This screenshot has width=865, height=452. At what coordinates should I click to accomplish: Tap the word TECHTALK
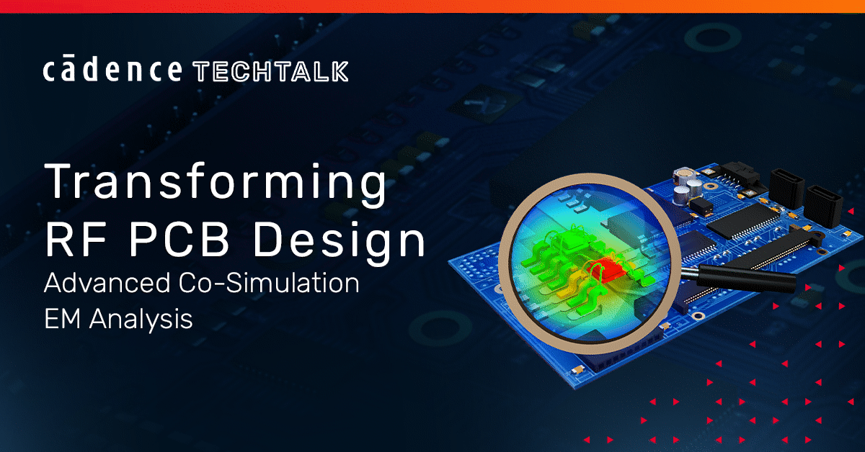271,71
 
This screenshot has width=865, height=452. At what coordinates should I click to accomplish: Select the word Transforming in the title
216,182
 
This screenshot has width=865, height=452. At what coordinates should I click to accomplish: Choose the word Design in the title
339,243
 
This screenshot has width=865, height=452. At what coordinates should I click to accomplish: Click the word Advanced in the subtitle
107,283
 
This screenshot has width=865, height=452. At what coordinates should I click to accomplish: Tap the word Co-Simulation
269,283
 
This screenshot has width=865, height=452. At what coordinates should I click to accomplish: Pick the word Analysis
141,320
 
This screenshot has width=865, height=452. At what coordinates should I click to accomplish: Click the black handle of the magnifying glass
746,278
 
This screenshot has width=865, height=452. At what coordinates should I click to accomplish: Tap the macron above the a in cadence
68,57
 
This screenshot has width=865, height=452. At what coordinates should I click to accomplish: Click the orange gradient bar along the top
432,6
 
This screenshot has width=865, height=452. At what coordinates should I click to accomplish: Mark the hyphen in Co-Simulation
219,284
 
